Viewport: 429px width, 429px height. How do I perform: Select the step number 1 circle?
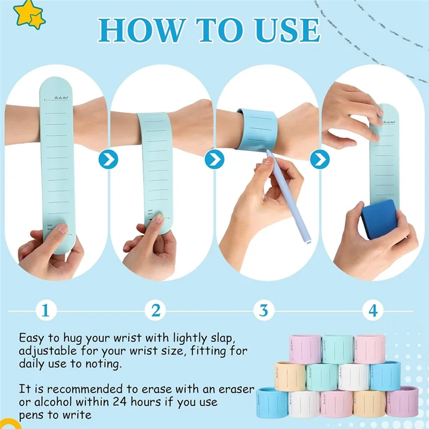click(x=46, y=309)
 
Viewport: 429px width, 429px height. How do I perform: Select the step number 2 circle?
click(x=156, y=309)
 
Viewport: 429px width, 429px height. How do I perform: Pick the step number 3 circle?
click(x=264, y=309)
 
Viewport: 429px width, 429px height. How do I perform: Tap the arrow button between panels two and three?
click(x=214, y=159)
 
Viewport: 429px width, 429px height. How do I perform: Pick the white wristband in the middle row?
click(x=353, y=377)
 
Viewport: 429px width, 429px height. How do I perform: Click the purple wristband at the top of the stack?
click(x=305, y=349)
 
